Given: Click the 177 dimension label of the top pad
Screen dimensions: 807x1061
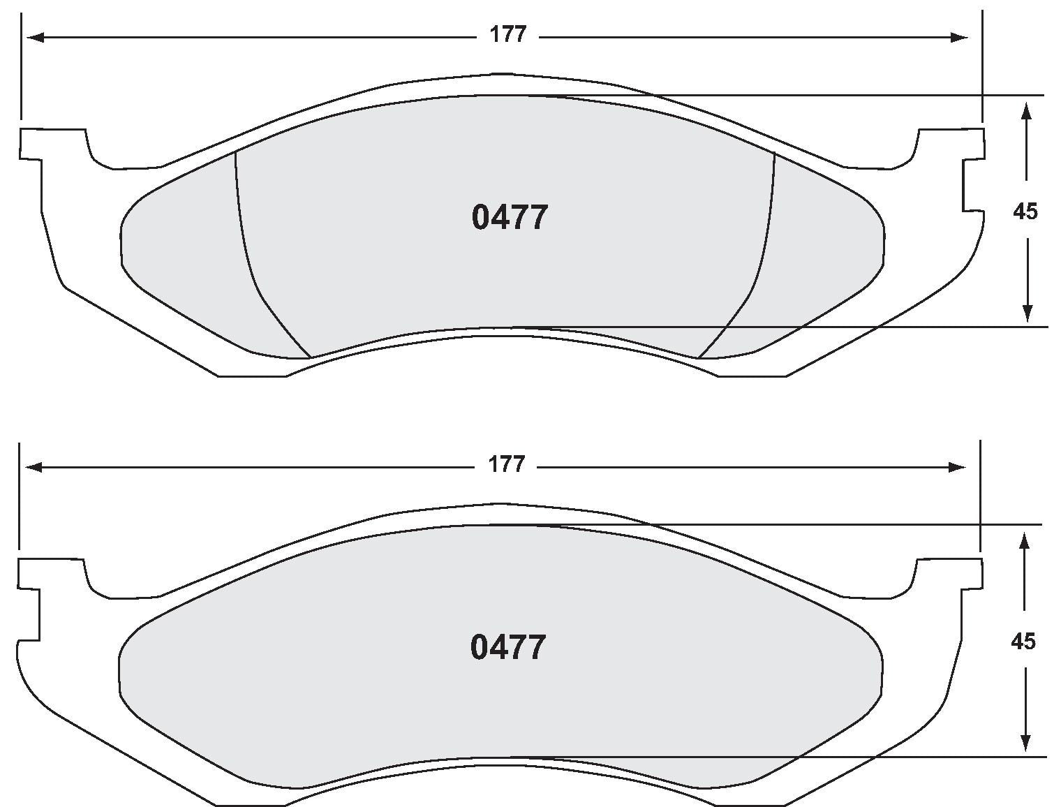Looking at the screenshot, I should (507, 35).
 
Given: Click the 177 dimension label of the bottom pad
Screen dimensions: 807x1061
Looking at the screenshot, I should (506, 465).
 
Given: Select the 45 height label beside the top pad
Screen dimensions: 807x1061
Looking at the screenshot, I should (1025, 212).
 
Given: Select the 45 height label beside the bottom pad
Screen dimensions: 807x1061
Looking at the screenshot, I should (1023, 642).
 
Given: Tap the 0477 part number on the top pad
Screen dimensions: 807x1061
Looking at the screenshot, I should (510, 218).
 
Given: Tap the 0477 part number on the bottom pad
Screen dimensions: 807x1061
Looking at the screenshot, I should (508, 648).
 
